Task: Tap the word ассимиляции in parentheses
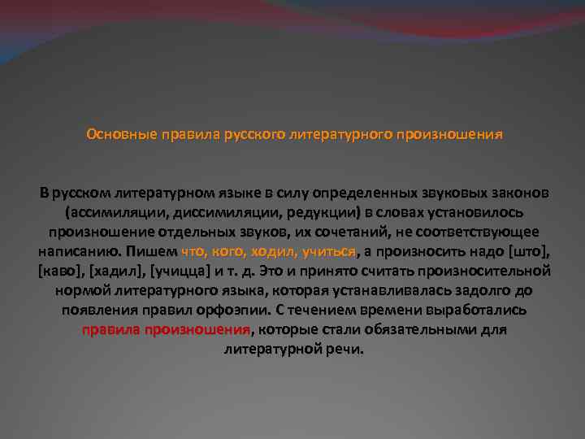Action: click(105, 213)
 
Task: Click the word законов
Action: click(518, 193)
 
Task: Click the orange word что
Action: click(194, 252)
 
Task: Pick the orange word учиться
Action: click(330, 252)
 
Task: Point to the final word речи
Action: click(347, 350)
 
